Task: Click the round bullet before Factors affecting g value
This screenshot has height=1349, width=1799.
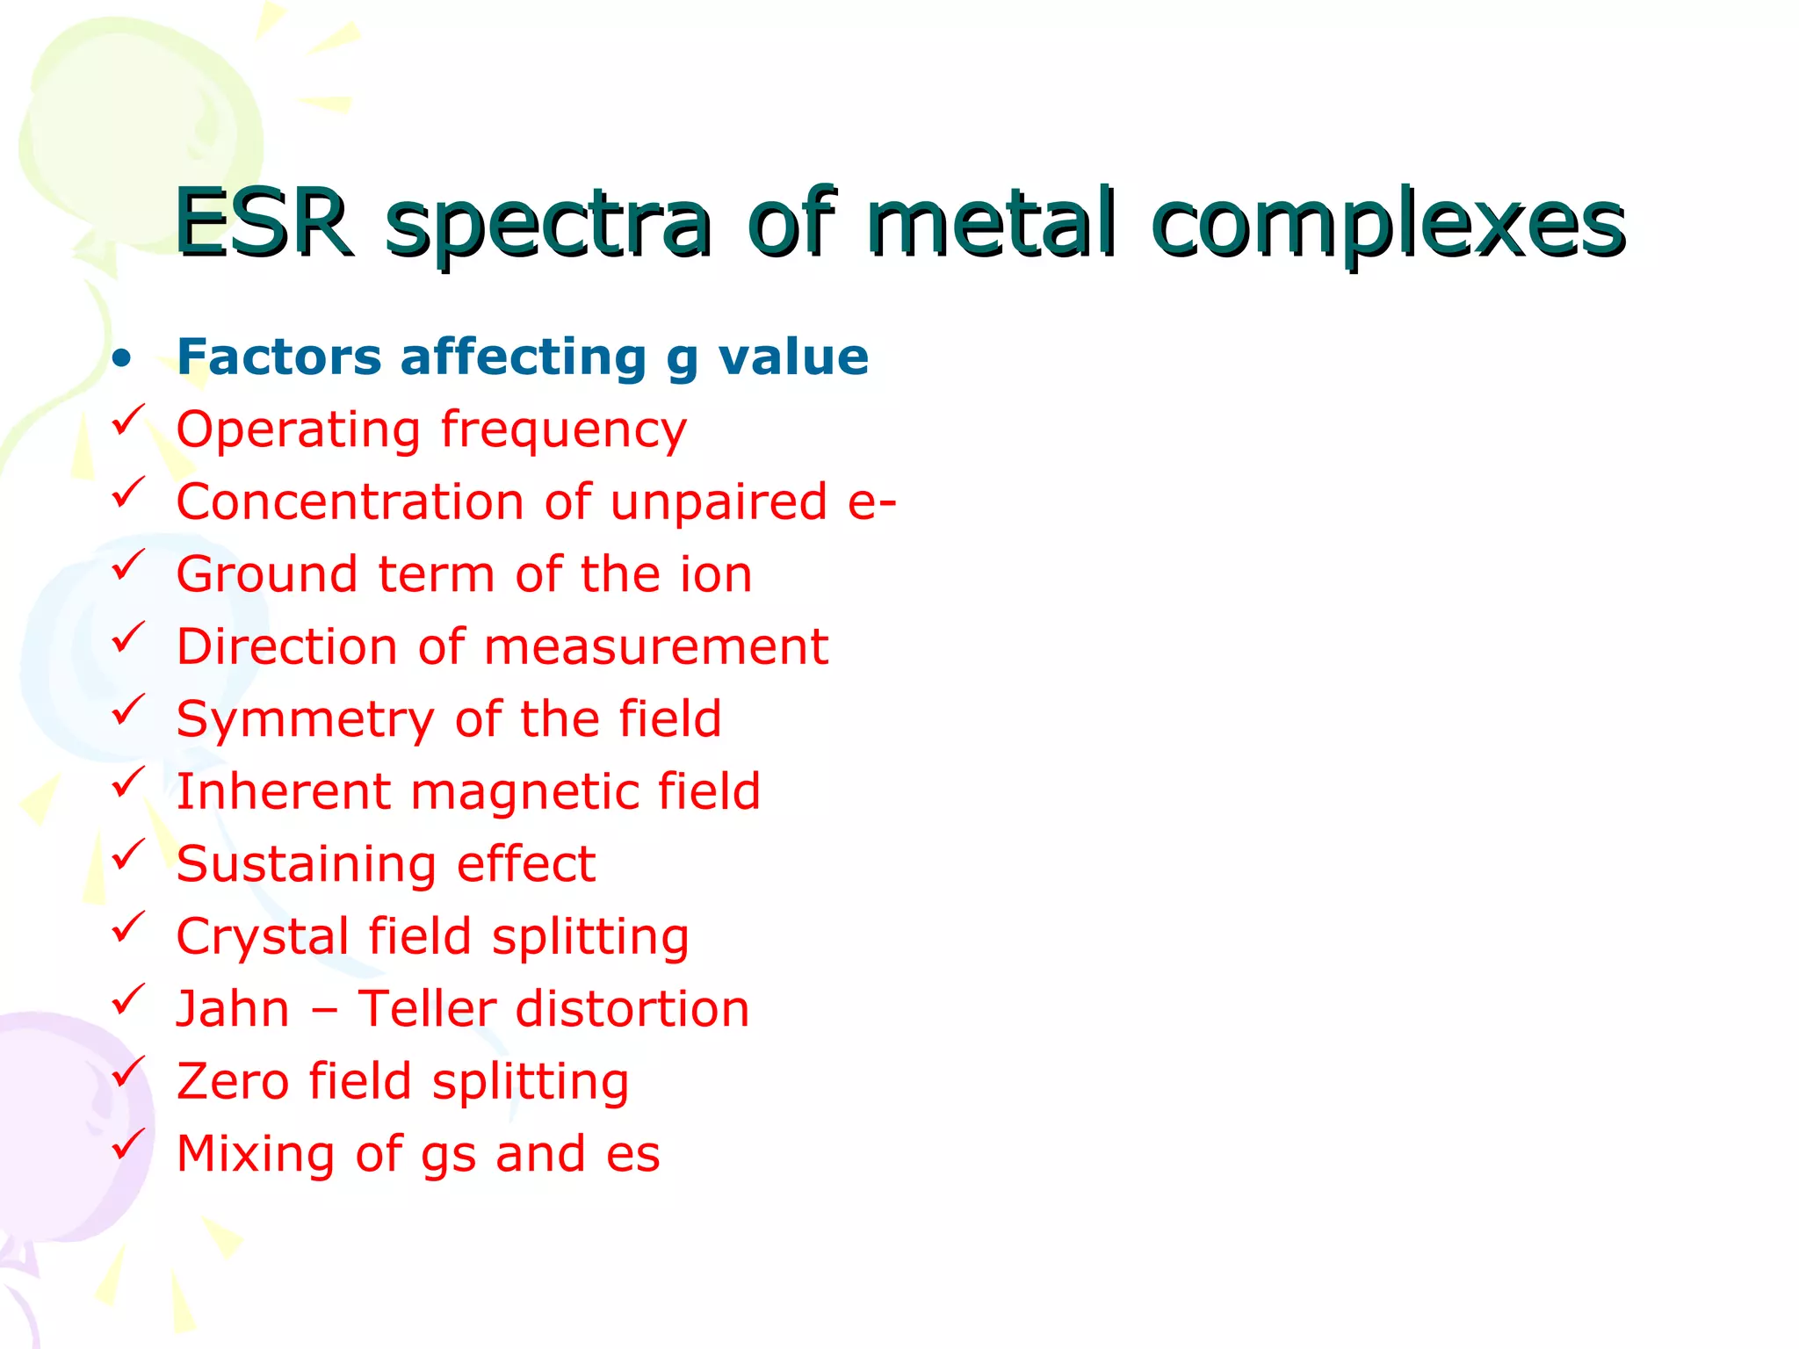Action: click(122, 358)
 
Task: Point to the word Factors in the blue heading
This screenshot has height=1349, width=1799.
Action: click(278, 357)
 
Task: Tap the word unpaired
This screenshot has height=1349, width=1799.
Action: click(719, 502)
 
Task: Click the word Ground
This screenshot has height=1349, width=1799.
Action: click(267, 574)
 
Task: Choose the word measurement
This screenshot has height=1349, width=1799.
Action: click(655, 647)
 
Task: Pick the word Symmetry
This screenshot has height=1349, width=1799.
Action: click(305, 721)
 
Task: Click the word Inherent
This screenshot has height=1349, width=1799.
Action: click(283, 791)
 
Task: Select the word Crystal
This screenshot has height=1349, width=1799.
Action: click(263, 937)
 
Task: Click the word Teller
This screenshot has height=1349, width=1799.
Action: click(426, 1008)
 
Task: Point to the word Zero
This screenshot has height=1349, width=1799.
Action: click(232, 1081)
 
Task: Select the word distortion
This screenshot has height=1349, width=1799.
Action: click(632, 1008)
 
